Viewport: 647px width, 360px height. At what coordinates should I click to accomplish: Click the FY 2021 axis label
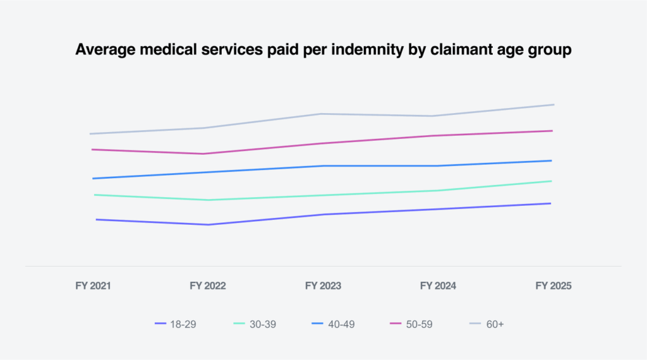(x=93, y=286)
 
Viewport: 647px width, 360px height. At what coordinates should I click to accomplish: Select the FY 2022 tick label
(x=207, y=286)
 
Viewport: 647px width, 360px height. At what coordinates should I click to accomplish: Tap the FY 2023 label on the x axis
(x=323, y=286)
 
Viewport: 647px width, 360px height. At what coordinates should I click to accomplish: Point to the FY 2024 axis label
(x=438, y=286)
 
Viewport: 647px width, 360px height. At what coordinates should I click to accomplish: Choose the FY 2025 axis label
(x=553, y=286)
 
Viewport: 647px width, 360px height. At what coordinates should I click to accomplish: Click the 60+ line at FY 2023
(x=322, y=114)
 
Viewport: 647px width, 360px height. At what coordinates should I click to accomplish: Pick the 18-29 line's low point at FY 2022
(x=207, y=224)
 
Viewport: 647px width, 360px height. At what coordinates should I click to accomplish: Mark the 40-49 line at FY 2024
(x=438, y=166)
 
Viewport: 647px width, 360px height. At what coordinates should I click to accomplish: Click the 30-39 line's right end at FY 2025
(x=551, y=181)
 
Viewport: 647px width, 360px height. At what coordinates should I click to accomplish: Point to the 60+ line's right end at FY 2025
(x=553, y=104)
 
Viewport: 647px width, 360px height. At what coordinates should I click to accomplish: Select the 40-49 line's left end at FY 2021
(x=94, y=178)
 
